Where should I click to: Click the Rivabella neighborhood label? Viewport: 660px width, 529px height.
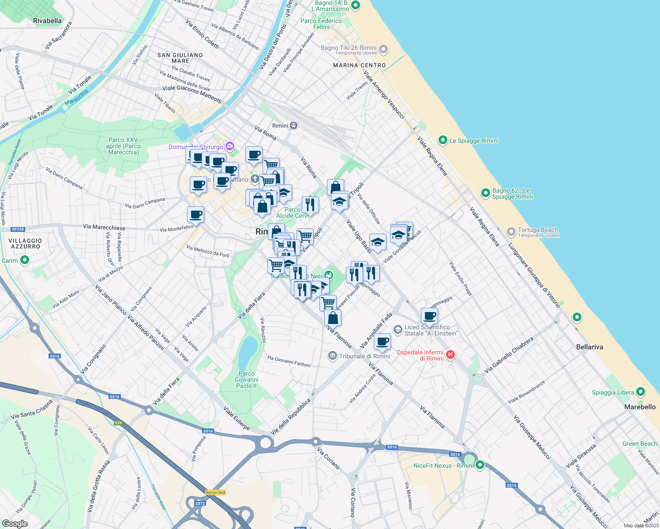pos(47,21)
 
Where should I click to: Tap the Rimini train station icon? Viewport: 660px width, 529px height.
pos(294,126)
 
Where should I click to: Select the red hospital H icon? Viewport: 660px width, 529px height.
pos(450,354)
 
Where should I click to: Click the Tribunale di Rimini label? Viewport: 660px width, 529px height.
pos(364,356)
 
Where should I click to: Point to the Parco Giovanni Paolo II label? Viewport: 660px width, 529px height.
pos(247,380)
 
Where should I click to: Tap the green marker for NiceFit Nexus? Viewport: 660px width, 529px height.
pos(480,465)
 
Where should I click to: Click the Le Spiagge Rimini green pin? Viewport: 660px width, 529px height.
pos(442,140)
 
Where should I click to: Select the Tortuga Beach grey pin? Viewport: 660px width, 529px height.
pos(511,231)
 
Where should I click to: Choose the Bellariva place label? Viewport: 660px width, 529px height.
pos(589,347)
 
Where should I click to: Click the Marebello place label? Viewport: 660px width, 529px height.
pos(640,407)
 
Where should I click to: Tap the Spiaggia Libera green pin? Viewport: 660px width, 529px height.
pos(641,392)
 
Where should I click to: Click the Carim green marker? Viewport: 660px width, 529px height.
pos(25,260)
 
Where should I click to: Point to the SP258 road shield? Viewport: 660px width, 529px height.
pos(18,229)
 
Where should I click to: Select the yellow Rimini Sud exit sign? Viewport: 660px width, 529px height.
pos(215,492)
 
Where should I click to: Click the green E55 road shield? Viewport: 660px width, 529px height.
pos(118,423)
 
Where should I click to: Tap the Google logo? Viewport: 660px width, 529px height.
pos(15,524)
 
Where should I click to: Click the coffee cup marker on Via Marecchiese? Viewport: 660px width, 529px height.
pos(195,215)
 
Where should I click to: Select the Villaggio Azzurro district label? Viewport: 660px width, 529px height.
pos(25,244)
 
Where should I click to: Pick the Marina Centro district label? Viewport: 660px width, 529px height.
pos(359,65)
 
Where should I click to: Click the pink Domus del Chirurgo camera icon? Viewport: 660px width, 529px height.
pos(229,146)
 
